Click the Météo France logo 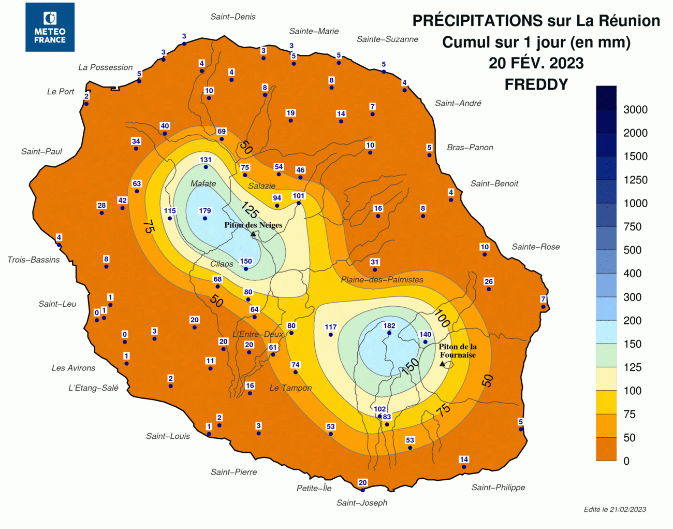coord(50,27)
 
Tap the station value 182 coord(389,326)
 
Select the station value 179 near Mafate coord(205,211)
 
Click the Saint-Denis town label coord(233,17)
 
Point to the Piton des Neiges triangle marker coord(253,234)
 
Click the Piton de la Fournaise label coord(458,351)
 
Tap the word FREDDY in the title coord(536,84)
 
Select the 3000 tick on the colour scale coord(635,109)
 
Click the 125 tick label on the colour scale coord(632,367)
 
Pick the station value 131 coord(206,160)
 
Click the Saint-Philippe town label coord(498,488)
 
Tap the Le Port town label coord(61,92)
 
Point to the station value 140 coord(425,334)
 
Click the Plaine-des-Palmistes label coord(382,280)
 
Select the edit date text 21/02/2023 coord(627,509)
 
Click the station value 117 coord(331,327)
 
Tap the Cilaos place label coord(222,264)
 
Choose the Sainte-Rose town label coord(536,247)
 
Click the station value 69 coord(222,132)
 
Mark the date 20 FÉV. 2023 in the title coord(536,63)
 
